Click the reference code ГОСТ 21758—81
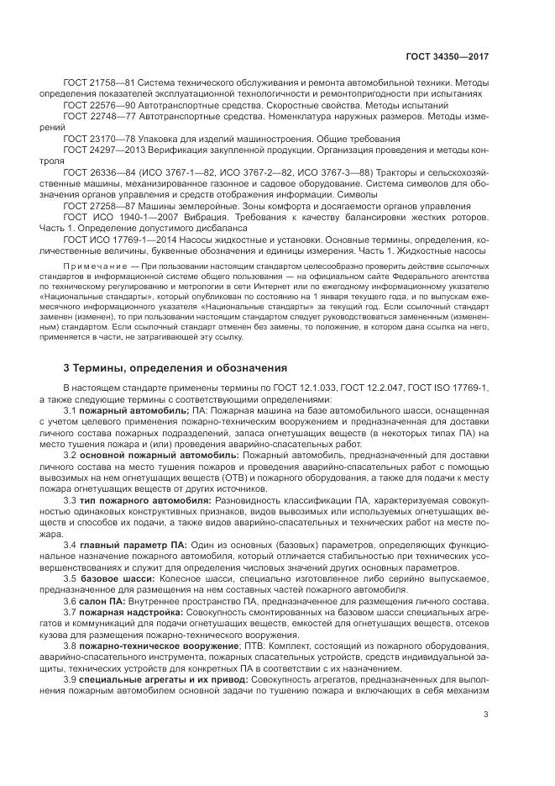point(94,83)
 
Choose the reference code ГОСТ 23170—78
point(94,138)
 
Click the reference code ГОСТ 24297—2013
point(98,149)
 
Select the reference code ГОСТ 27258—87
point(94,204)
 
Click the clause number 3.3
point(71,499)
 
